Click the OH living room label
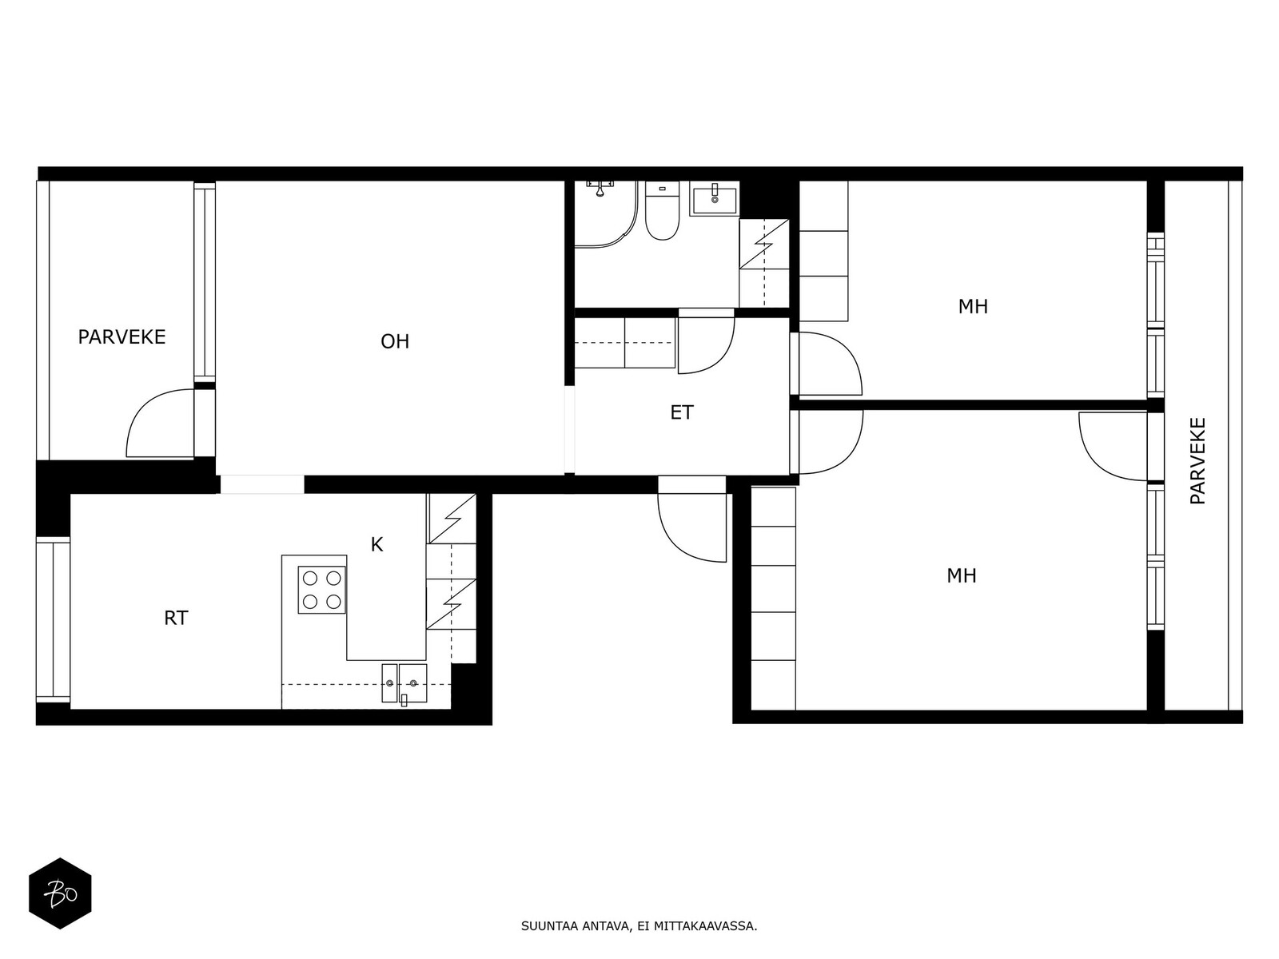pos(394,341)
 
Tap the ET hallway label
pos(681,412)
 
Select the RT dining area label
pos(176,618)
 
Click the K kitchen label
pos(377,544)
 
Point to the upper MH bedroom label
pos(973,307)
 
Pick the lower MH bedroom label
pos(961,576)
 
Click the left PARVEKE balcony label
pos(122,337)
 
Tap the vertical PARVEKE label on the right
pos(1198,460)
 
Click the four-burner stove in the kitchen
pos(321,590)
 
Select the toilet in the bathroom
pos(662,211)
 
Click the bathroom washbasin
pos(715,198)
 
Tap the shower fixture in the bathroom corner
pos(600,188)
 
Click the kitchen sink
pos(404,683)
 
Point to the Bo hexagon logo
pos(61,893)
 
